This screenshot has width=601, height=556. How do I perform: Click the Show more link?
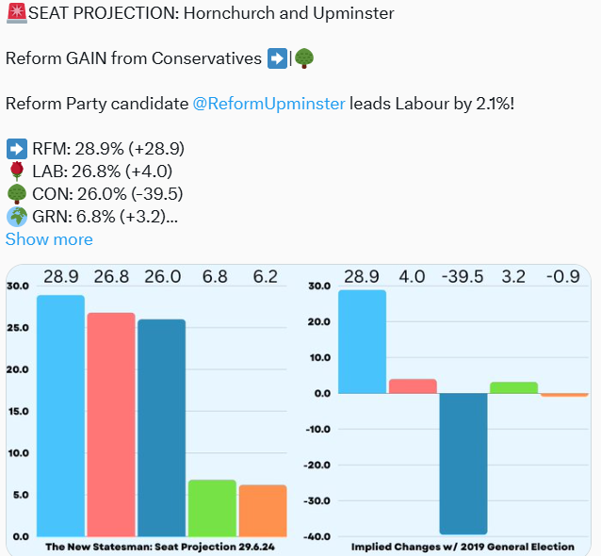coord(49,239)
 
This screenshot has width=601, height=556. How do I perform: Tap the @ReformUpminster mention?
coord(268,104)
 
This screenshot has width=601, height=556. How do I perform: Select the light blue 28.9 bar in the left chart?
coord(60,415)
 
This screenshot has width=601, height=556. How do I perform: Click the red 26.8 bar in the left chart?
coord(111,424)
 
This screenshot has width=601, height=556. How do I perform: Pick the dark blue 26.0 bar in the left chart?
coord(161,427)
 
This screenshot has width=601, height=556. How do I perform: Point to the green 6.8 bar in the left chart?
coord(213,508)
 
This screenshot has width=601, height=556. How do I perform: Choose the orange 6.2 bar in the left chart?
coord(263,510)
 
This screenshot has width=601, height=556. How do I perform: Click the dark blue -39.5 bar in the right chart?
coord(463,463)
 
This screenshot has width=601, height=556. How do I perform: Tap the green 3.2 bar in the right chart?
coord(514,387)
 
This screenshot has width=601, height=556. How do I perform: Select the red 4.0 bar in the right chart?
coord(413,385)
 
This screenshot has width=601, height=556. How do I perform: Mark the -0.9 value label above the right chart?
coord(564,277)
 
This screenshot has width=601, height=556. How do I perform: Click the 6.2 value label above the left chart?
coord(265,277)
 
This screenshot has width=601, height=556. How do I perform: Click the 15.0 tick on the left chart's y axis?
coord(18,411)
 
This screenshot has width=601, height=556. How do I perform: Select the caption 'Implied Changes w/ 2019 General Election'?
coord(462,547)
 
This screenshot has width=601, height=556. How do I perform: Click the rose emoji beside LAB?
coord(16,172)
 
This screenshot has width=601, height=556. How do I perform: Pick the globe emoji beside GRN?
coord(16,217)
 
